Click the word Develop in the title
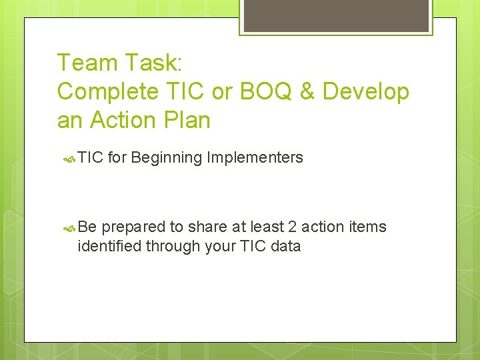[x=366, y=92]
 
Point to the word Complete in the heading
[x=106, y=92]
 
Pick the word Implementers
[x=255, y=158]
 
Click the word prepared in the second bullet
[x=133, y=227]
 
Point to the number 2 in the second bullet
[x=290, y=227]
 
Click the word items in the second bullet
[x=368, y=227]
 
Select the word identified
[x=109, y=246]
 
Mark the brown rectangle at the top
[x=335, y=15]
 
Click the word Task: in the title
[x=153, y=63]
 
